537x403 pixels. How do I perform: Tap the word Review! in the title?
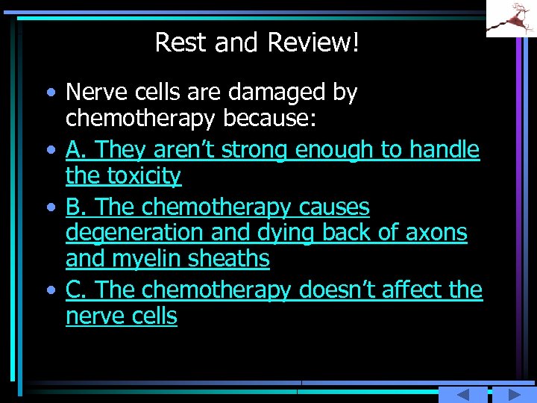pos(314,43)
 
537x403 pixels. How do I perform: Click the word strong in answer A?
pos(256,150)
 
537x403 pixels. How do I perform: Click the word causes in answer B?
pos(334,207)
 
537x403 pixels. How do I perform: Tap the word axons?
pos(436,233)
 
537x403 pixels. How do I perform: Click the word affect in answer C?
pos(415,290)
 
